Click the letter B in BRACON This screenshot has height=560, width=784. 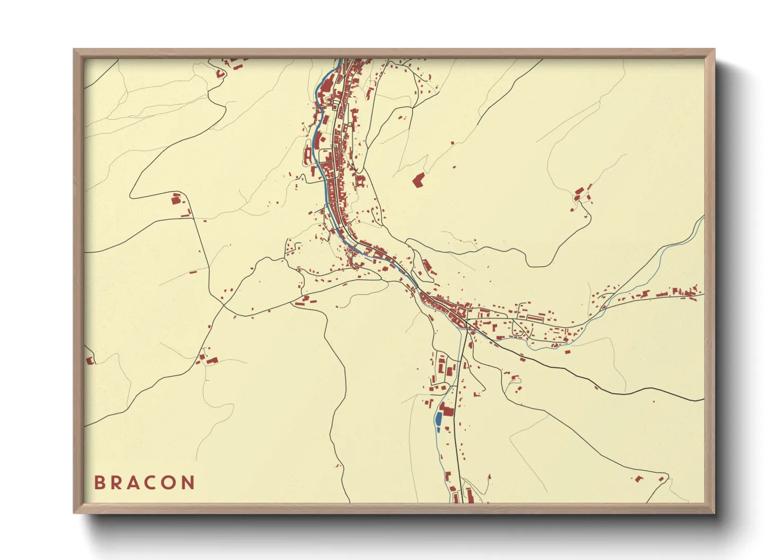[x=99, y=482]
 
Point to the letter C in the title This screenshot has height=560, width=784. [x=152, y=482]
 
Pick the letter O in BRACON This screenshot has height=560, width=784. [x=171, y=482]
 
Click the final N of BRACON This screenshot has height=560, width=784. [x=189, y=482]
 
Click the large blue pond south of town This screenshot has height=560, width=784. [x=439, y=420]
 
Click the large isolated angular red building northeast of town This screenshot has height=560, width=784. [x=418, y=180]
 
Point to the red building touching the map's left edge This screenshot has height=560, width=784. [x=90, y=360]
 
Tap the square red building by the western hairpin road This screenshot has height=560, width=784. [x=176, y=199]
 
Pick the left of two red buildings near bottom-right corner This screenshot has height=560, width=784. [x=639, y=479]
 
